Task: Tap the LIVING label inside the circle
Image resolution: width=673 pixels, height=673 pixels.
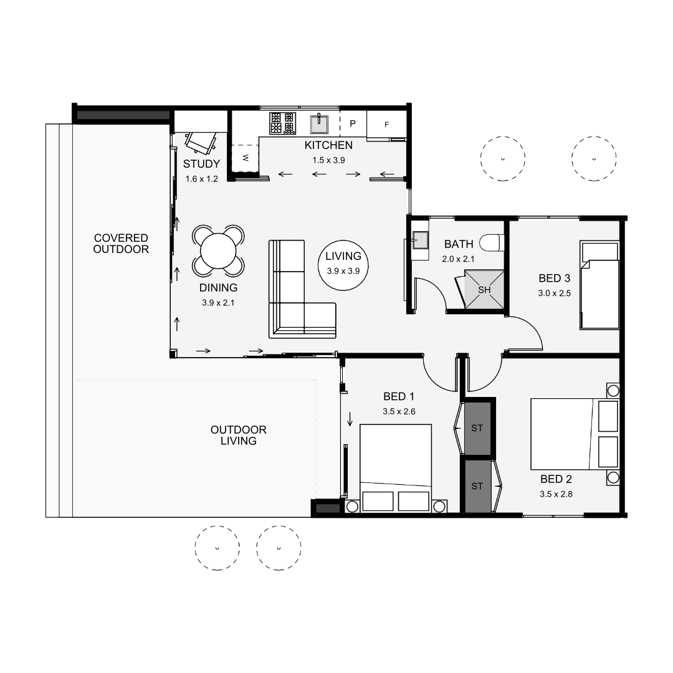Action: coord(343,256)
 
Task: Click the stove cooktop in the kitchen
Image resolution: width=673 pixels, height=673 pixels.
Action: coord(282,123)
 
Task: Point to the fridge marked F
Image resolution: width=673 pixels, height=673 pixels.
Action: coord(386,124)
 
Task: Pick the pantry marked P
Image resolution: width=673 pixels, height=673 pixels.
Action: coord(353,123)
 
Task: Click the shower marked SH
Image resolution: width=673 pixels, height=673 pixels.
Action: coord(484,290)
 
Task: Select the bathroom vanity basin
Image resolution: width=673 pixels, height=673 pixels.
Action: coord(418,238)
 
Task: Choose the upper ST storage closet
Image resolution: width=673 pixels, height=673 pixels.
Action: coord(477,429)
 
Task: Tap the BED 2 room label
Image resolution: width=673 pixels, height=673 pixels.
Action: coord(556,479)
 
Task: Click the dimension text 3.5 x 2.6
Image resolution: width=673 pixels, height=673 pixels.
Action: coord(399,411)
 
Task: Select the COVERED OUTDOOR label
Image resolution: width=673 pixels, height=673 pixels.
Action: coord(121,244)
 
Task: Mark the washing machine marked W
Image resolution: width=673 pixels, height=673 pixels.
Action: coord(245,158)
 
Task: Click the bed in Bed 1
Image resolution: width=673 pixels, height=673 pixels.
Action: coord(396,464)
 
